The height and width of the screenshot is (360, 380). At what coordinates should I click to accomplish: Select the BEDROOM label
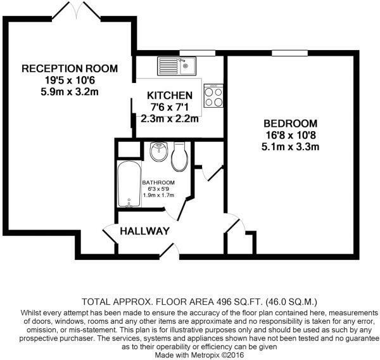pos(290,123)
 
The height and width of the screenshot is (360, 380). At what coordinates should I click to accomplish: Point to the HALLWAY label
pos(146,231)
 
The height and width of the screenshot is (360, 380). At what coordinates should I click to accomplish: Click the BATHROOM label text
pos(158,183)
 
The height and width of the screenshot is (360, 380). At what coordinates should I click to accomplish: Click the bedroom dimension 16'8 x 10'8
pos(290,135)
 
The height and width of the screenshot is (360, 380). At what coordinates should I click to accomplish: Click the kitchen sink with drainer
pos(177,65)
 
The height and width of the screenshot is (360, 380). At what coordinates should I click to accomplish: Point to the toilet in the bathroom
pos(180,156)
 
